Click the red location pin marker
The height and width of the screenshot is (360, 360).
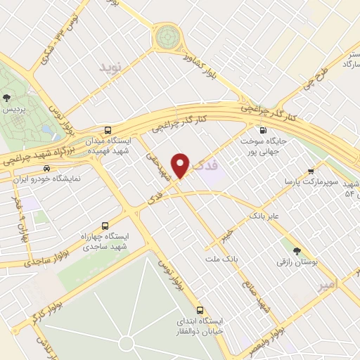[x=181, y=165]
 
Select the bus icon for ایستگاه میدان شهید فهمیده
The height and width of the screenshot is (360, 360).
[x=107, y=131]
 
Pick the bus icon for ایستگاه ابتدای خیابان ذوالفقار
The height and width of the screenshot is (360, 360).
[x=200, y=309]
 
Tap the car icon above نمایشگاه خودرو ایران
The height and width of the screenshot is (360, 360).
[x=46, y=169]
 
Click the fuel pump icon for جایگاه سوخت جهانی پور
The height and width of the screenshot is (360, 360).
[x=263, y=130]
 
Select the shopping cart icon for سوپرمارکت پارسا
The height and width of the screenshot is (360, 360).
[x=311, y=172]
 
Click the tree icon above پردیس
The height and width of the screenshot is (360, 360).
[x=7, y=98]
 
